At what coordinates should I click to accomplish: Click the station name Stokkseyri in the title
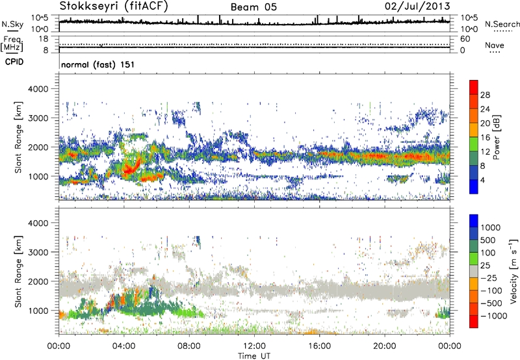[86, 6]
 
